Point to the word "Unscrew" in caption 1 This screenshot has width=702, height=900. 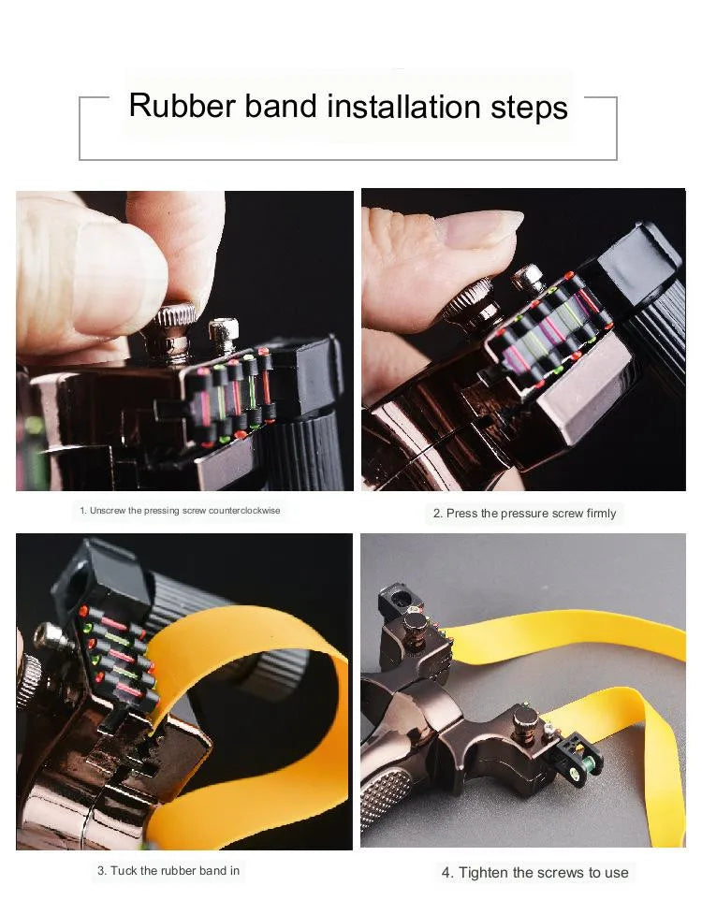click(x=108, y=511)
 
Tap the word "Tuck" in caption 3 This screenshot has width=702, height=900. click(x=124, y=871)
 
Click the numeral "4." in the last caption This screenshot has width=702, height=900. click(x=447, y=873)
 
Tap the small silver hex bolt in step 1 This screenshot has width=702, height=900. click(x=224, y=335)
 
